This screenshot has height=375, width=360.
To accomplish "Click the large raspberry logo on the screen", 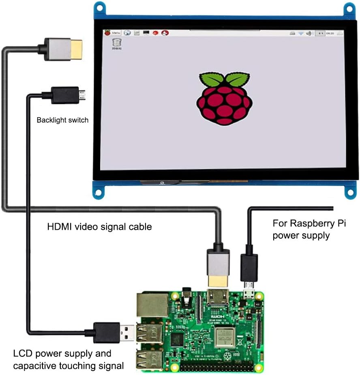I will tap(224, 98).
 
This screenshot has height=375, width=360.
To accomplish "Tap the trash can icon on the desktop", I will tap(116, 43).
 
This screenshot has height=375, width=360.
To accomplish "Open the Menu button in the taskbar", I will tap(113, 32).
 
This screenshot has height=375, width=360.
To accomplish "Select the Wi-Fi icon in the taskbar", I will tap(301, 33).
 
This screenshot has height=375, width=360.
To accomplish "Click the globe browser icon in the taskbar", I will tap(127, 32).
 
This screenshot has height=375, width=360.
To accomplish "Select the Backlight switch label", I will tap(62, 120).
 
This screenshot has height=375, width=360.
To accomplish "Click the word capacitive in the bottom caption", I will tap(35, 366).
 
